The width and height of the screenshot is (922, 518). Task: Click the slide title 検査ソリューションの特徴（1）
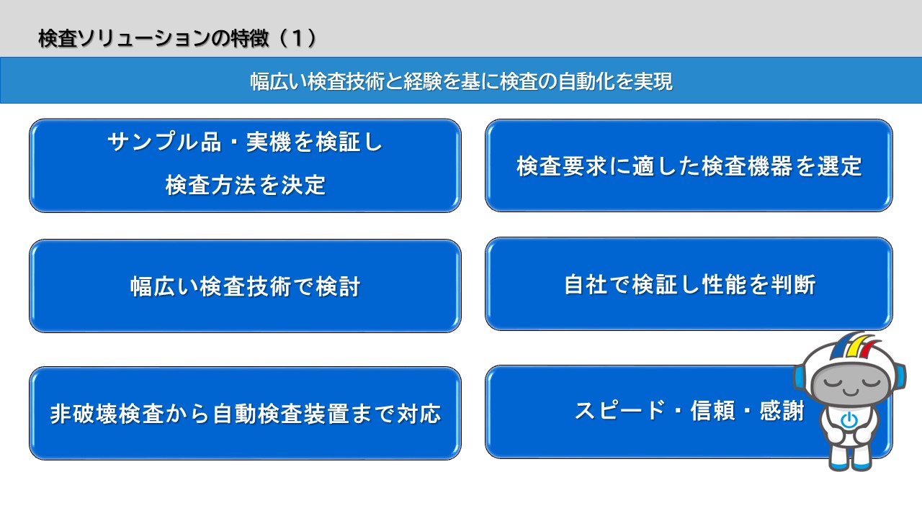(x=177, y=39)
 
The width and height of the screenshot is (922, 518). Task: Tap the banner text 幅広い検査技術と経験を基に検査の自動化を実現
(x=462, y=81)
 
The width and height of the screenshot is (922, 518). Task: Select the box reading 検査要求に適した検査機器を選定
(x=689, y=165)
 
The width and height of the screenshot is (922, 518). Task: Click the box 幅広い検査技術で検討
(x=245, y=286)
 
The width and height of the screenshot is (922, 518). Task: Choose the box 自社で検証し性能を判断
(x=689, y=283)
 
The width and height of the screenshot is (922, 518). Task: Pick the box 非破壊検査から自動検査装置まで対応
(x=245, y=413)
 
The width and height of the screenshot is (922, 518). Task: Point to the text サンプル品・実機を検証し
(x=246, y=142)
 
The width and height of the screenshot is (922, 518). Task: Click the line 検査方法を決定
(x=246, y=185)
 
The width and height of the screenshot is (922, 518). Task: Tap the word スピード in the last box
(x=620, y=410)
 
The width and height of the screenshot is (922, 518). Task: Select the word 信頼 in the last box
(x=712, y=410)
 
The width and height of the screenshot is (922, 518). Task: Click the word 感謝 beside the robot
(x=782, y=410)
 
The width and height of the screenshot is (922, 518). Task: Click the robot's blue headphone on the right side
(x=899, y=377)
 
